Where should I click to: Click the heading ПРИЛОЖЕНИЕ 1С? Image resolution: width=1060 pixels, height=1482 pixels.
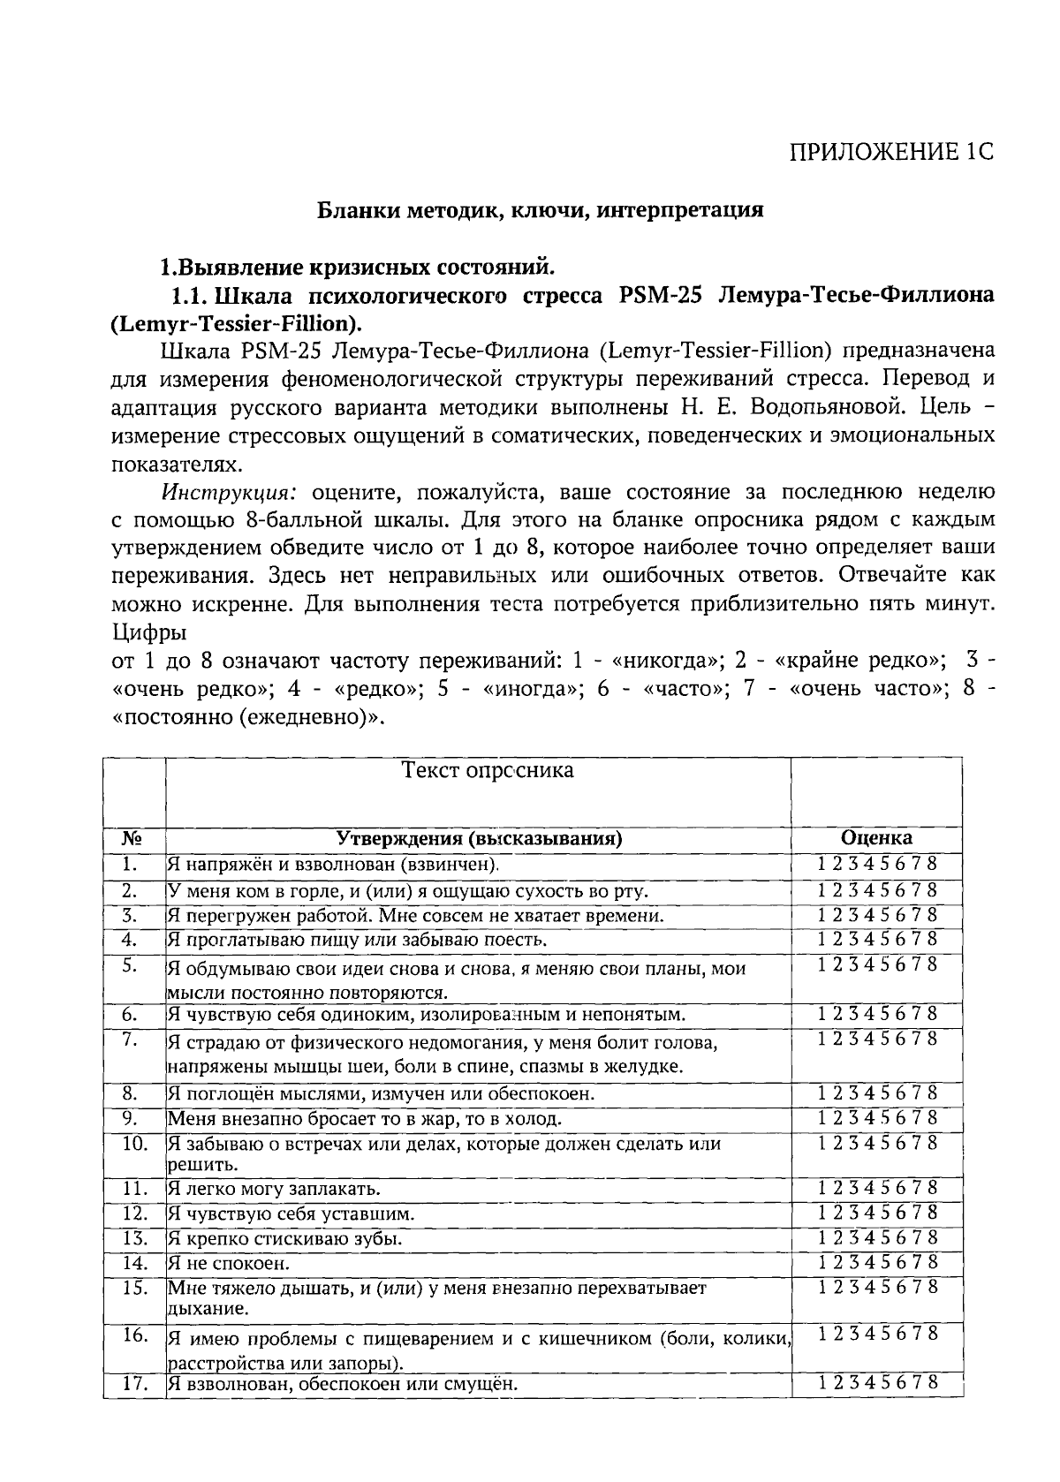pos(891,152)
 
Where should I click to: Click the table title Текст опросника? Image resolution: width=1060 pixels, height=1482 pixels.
pos(488,770)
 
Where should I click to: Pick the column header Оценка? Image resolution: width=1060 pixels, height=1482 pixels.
pos(876,838)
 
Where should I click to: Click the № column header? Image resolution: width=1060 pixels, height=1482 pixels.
pos(132,838)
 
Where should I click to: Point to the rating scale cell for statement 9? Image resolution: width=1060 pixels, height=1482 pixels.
pos(876,1117)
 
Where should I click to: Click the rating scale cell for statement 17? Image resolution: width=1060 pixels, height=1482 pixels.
pos(876,1383)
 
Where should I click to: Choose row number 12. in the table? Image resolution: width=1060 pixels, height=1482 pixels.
pos(133,1214)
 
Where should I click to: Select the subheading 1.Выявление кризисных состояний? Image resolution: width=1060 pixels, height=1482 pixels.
pos(357,266)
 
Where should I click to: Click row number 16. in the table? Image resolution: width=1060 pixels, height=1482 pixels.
pos(133,1335)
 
